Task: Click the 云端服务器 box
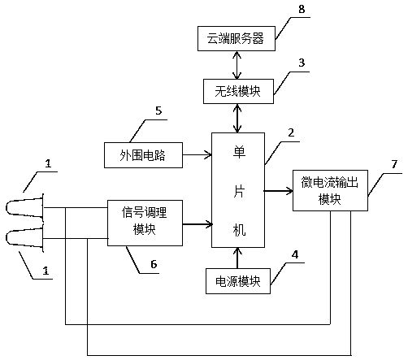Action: [237, 38]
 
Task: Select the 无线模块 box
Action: [238, 91]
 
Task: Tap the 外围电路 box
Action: [143, 155]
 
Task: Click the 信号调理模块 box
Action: [145, 223]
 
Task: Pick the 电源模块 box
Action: [238, 281]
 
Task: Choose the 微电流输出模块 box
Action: [330, 190]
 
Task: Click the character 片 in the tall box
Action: [239, 191]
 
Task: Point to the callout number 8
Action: [302, 9]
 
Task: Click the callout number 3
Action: [302, 63]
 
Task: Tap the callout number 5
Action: [158, 111]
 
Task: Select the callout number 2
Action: [291, 132]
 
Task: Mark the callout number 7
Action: [394, 164]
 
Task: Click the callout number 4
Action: [295, 254]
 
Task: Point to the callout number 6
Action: [154, 264]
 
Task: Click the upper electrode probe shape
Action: [25, 208]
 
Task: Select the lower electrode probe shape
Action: [25, 238]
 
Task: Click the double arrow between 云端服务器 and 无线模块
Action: [237, 65]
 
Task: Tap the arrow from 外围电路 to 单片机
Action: [197, 155]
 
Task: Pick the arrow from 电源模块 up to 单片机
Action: [237, 258]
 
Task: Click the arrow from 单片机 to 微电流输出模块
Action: [279, 191]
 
